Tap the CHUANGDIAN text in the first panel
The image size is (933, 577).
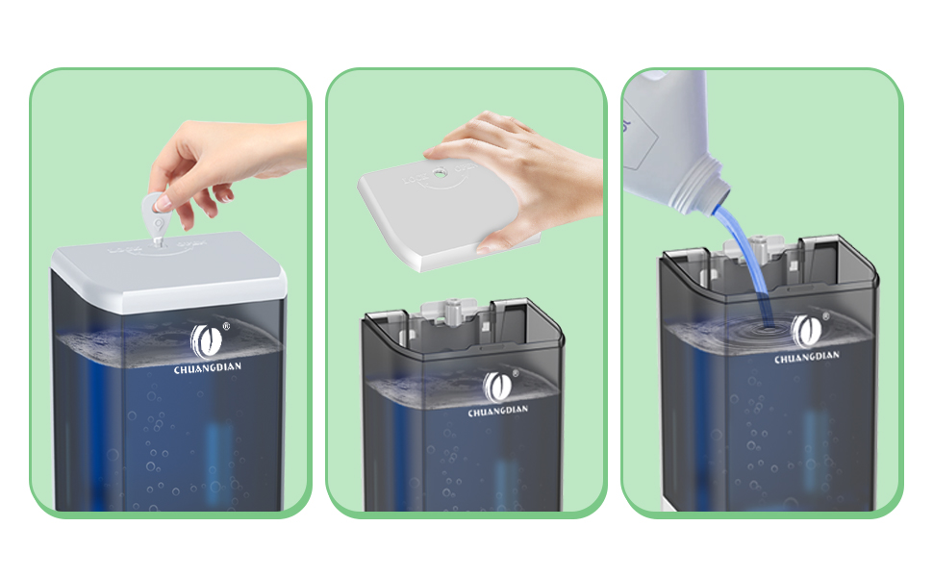pyautogui.click(x=208, y=368)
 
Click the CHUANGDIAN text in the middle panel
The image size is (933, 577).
pyautogui.click(x=498, y=411)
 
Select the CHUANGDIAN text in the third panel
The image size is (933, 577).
pyautogui.click(x=807, y=357)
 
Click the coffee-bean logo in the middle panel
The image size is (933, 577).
pyautogui.click(x=497, y=386)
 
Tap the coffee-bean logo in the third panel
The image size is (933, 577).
pyautogui.click(x=806, y=330)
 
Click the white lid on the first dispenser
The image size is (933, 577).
pyautogui.click(x=168, y=270)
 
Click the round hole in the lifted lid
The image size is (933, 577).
pyautogui.click(x=440, y=173)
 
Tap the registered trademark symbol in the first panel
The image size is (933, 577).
pyautogui.click(x=226, y=326)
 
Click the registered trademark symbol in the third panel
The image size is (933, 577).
pyautogui.click(x=826, y=316)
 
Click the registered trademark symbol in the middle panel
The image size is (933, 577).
pyautogui.click(x=516, y=373)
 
